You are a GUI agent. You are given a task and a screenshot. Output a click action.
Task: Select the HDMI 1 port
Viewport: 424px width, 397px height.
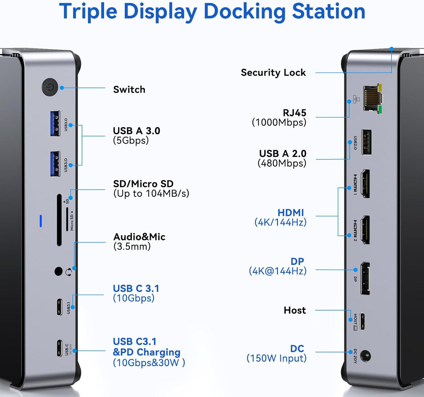coord(364,184)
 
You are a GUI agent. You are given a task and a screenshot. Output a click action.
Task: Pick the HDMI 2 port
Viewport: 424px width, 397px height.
coord(364,229)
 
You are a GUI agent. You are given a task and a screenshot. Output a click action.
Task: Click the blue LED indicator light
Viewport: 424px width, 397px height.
coord(41,221)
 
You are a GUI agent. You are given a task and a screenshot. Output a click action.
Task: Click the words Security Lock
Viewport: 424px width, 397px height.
coord(273,73)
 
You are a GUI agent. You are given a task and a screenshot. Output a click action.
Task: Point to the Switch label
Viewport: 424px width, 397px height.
coord(129,89)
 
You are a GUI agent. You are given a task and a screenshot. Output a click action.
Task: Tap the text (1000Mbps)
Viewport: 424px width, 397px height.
coord(279,123)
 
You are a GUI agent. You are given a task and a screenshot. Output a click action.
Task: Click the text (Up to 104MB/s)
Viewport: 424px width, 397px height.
coord(151,194)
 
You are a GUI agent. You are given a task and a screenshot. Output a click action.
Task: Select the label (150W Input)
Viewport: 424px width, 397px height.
coord(276,358)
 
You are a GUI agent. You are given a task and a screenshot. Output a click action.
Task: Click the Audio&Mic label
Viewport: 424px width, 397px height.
coord(139,237)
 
